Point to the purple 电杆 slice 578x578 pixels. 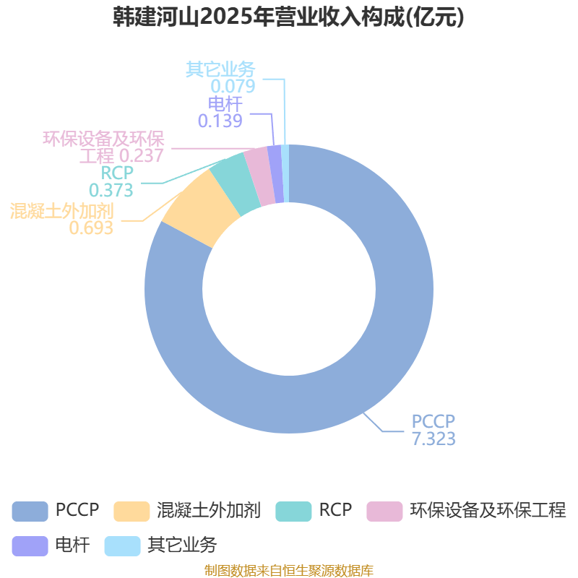click(275, 173)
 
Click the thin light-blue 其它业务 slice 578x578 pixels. click(285, 173)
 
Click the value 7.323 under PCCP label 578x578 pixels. click(433, 439)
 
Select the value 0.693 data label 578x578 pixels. click(91, 228)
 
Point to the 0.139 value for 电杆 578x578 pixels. click(220, 121)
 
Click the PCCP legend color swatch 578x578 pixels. click(29, 511)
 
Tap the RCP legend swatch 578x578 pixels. click(293, 511)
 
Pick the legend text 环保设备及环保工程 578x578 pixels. click(488, 511)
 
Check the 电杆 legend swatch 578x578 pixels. click(29, 545)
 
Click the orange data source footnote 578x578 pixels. click(289, 570)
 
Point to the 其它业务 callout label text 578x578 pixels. click(220, 69)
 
